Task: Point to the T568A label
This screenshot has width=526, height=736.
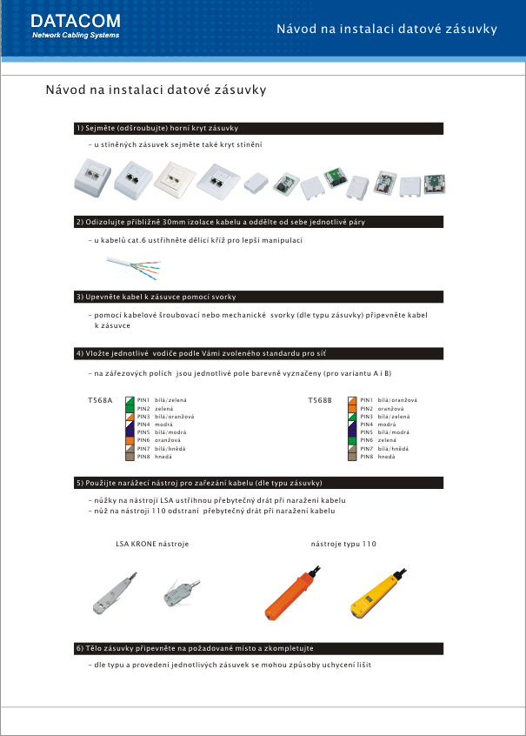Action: (101, 400)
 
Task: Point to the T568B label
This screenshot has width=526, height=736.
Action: (320, 400)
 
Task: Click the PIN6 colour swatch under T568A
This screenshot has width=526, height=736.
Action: (132, 440)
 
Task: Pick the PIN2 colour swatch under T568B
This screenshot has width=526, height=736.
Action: (352, 408)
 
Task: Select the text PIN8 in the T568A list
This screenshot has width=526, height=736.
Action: (144, 456)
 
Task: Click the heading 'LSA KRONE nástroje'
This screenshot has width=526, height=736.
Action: (152, 544)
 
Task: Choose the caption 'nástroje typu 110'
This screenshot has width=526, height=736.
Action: (343, 544)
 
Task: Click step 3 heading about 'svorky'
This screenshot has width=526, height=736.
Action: (156, 297)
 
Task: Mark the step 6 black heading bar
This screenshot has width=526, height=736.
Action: (259, 649)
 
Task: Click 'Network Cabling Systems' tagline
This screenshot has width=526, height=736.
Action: (76, 36)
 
